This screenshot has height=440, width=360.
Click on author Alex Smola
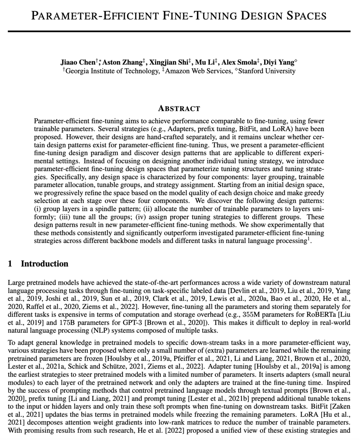coord(239,62)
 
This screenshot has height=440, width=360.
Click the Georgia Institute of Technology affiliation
coord(112,71)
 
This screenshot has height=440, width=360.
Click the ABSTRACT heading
coord(179,109)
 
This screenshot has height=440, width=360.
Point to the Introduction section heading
coord(44,264)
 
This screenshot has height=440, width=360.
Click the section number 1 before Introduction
coord(10,264)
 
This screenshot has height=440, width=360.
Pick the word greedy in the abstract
coord(315,193)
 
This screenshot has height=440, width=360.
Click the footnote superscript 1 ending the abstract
coord(308,239)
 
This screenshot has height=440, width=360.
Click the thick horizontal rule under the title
coord(179,32)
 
